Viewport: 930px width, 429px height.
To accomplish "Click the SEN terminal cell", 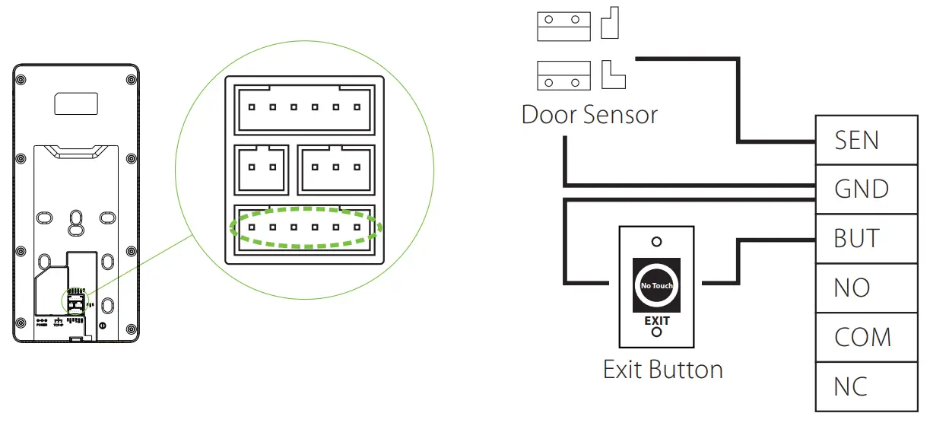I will click(866, 140).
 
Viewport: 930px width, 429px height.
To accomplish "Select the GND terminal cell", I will click(866, 189).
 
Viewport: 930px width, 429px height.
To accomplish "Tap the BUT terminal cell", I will click(866, 238).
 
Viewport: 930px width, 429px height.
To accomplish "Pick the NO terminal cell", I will click(866, 288).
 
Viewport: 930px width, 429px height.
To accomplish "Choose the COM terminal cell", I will click(866, 337).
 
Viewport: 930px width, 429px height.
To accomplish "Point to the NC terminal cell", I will click(866, 386).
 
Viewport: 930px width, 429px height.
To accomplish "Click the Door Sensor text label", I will click(589, 115).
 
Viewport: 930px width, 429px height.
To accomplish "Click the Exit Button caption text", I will click(662, 370).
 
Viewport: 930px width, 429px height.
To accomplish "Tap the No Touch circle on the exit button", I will click(656, 285).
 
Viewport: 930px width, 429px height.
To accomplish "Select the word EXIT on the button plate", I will click(657, 320).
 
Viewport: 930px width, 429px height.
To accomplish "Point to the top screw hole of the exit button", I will click(657, 242).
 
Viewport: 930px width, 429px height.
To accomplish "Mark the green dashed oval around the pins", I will click(304, 227).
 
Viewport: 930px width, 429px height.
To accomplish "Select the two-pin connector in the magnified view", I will click(262, 168).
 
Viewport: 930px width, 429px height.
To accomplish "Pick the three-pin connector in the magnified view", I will click(335, 168).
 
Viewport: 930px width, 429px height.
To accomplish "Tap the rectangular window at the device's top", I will click(75, 103).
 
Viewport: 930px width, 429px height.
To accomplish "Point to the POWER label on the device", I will click(42, 325).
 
